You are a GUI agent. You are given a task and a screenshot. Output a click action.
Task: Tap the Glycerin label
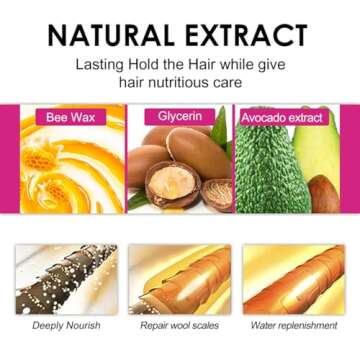click(x=181, y=117)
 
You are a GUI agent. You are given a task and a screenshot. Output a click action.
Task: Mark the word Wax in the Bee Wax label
click(x=81, y=117)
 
